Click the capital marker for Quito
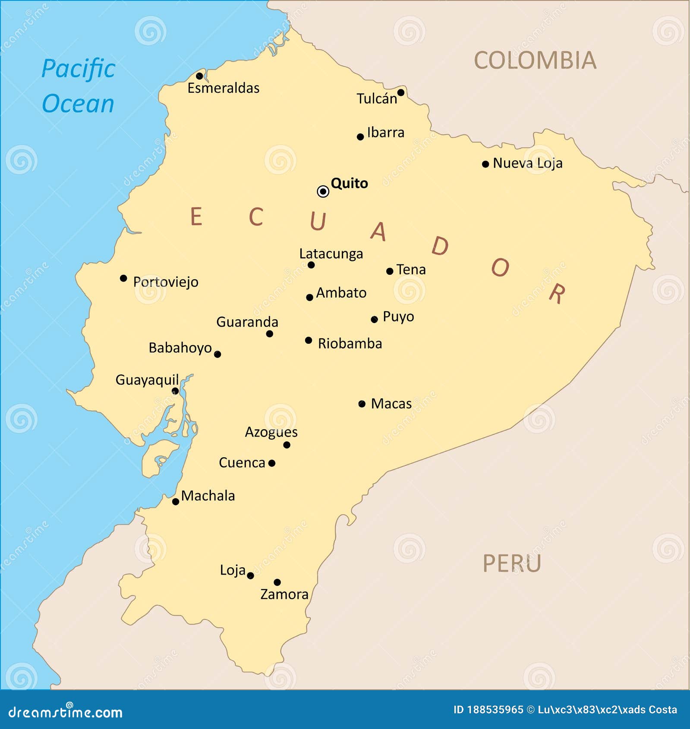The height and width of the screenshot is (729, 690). coord(323,191)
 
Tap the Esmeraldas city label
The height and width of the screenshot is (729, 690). coord(223,88)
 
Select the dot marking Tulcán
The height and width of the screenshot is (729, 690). coord(400,93)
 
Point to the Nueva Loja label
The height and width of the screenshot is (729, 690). coord(527,163)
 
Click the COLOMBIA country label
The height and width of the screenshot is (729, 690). coord(535,60)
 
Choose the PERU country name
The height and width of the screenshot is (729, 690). coord(511,563)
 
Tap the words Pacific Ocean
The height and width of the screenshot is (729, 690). coord(79,86)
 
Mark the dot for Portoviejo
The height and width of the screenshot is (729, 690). coord(123,278)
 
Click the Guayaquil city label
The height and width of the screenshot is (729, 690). coord(147,380)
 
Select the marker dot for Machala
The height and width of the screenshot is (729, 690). coord(176,502)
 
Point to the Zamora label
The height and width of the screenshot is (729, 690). coord(284,594)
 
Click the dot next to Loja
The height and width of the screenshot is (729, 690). coord(250,575)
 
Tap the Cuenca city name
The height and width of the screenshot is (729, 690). coord(242,462)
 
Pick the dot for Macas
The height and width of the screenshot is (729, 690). coord(362,404)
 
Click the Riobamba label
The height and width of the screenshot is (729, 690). coord(350,343)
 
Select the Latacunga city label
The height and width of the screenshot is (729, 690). coord(331,254)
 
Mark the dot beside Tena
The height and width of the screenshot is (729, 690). coord(390,271)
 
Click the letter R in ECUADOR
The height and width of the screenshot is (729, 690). coord(557,294)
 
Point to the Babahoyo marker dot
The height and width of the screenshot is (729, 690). coord(217,354)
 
